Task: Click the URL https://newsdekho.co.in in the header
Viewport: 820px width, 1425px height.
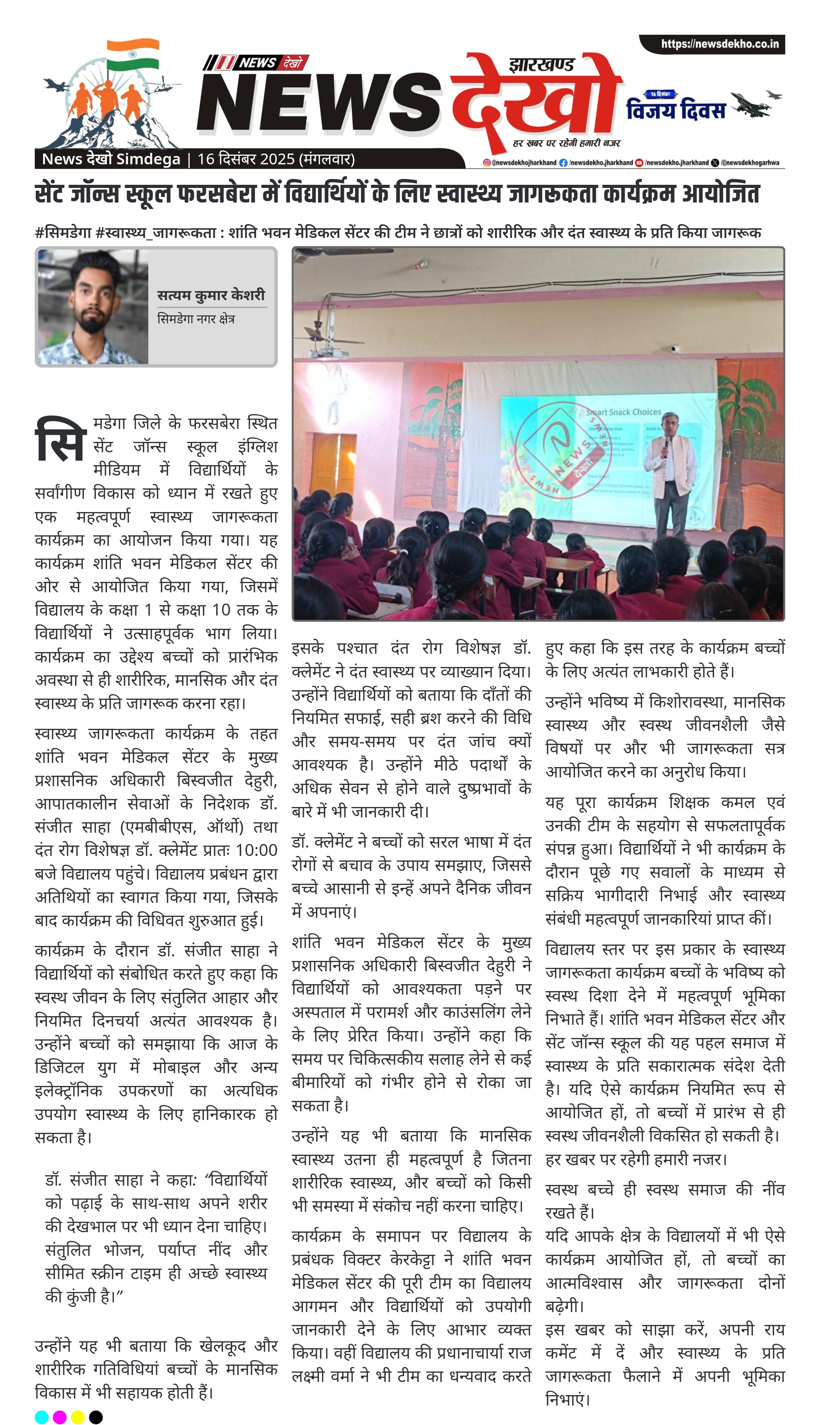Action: [720, 44]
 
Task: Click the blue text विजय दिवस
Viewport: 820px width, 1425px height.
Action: [676, 109]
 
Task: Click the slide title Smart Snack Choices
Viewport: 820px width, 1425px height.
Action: [623, 412]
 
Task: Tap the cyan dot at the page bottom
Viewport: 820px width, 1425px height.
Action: [42, 1417]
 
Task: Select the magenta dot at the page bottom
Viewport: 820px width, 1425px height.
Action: [60, 1417]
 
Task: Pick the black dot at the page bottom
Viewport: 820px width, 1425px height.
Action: [96, 1417]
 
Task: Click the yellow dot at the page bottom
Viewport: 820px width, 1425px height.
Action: [78, 1417]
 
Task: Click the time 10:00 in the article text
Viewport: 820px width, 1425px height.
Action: [256, 850]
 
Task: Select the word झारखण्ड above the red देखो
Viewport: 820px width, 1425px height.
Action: [541, 65]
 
